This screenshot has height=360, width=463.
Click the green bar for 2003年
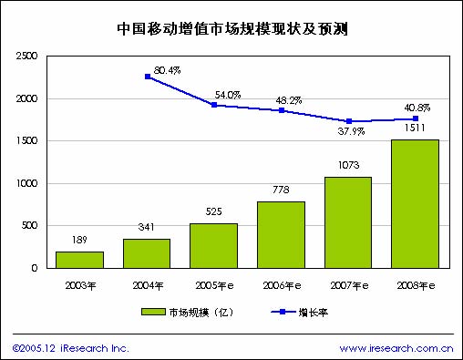[79, 260]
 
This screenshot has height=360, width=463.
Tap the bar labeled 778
[281, 235]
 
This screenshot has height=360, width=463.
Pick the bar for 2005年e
[213, 245]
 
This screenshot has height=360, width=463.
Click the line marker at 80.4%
[147, 77]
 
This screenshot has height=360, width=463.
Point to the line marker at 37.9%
[348, 121]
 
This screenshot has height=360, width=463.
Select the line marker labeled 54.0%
[213, 105]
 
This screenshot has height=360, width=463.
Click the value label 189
[79, 242]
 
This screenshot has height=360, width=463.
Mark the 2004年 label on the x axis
[146, 283]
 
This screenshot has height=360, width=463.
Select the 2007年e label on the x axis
[347, 283]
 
